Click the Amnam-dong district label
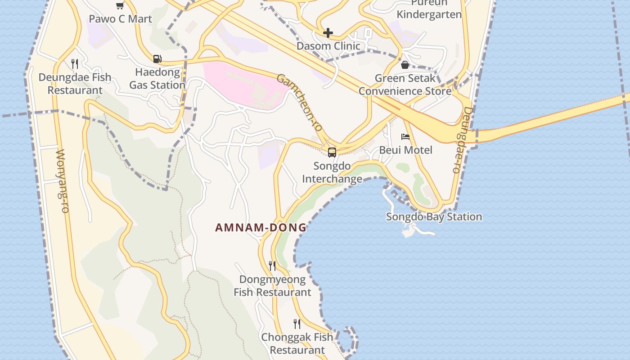pos(261,228)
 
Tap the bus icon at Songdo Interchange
pos(332,153)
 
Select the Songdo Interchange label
pos(332,172)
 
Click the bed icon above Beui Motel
pos(405,137)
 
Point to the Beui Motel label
pos(405,150)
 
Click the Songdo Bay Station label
pos(434,217)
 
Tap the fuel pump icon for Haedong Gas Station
pos(157,59)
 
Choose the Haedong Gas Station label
pos(157,79)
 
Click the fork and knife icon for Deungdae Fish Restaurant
pos(75,64)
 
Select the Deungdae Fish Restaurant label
pos(75,84)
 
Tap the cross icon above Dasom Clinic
pos(328,33)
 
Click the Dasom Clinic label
pos(328,46)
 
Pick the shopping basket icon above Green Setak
pos(405,65)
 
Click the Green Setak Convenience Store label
pos(405,85)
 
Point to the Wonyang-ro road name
pos(62,181)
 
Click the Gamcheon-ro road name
pos(300,103)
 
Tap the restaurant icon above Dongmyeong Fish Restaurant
pos(272,266)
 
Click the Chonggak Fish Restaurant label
pos(297,343)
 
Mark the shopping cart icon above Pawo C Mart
pos(120,6)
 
